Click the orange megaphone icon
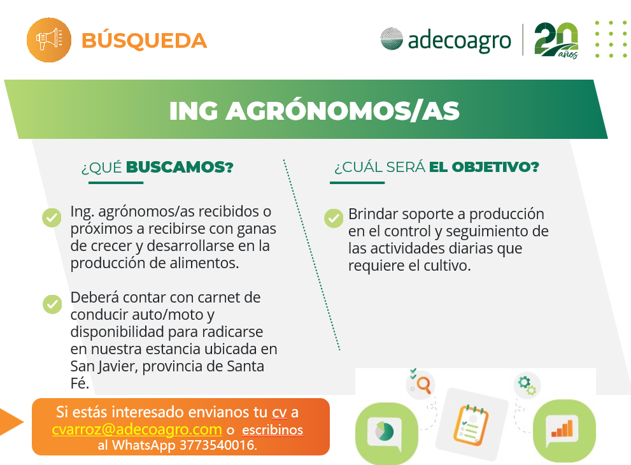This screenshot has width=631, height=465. coord(49,40)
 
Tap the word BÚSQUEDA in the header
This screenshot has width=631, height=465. coord(144,40)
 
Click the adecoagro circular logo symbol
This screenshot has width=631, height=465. coord(392,39)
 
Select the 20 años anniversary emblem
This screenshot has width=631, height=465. coord(557,41)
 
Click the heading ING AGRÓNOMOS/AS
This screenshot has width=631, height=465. coord(315,111)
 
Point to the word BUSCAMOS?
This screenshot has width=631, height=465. coord(180,167)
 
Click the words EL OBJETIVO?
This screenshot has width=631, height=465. coord(484,167)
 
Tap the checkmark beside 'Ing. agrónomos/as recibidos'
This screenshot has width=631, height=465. coord(52,217)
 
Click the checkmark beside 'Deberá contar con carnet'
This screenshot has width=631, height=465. coord(52,304)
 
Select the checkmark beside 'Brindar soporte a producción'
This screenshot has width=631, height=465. coord(334,218)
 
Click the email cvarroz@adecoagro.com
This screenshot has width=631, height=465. coord(137,429)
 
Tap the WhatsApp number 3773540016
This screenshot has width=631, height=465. coord(218,445)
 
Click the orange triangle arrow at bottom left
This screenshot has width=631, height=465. coord(11,422)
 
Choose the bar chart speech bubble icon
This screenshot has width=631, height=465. coord(564,431)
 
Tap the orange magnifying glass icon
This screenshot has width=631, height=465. coord(423,384)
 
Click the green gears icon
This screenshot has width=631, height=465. coord(527,385)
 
